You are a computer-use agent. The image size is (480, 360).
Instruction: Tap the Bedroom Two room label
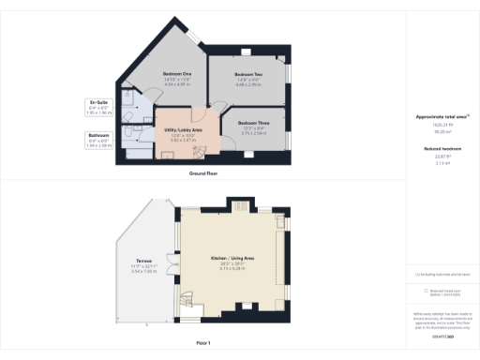pos(247,74)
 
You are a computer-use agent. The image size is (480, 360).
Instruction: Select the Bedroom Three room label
pos(252,123)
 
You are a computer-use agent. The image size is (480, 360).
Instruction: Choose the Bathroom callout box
pos(97,140)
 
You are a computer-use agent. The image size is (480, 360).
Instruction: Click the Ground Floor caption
pos(202,173)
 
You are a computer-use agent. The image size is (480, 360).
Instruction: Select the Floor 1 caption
pos(202,343)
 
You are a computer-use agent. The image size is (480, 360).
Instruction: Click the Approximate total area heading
pos(442,117)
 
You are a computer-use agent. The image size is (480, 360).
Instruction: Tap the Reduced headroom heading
pos(441,147)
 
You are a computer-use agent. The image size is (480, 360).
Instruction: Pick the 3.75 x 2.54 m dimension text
pos(252,134)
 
